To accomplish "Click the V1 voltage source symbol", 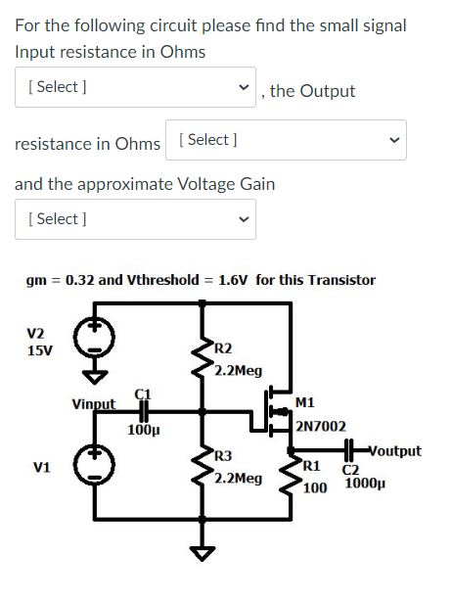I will coord(95,467).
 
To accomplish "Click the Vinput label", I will coord(93,403).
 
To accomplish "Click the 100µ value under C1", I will coord(143,429).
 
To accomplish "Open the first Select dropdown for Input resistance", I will coord(135,87).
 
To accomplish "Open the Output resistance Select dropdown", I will coord(286,140).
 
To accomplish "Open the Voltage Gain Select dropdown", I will coord(135,218).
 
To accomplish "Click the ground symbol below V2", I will coord(95,375).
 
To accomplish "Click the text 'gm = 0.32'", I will coord(60,280).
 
